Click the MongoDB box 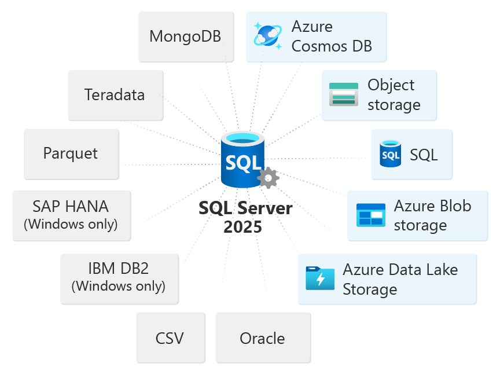pyautogui.click(x=186, y=36)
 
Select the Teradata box pyautogui.click(x=115, y=95)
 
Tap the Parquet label pyautogui.click(x=71, y=153)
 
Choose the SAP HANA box pyautogui.click(x=71, y=215)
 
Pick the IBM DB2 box pyautogui.click(x=119, y=278)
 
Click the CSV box pyautogui.click(x=170, y=338)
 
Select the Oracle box pyautogui.click(x=262, y=338)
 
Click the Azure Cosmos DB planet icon pyautogui.click(x=268, y=36)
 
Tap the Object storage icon pyautogui.click(x=344, y=94)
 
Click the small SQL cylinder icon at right pyautogui.click(x=391, y=154)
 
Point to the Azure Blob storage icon pyautogui.click(x=370, y=215)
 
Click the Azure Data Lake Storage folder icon pyautogui.click(x=320, y=278)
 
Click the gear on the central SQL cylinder pyautogui.click(x=268, y=178)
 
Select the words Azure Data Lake pyautogui.click(x=400, y=270)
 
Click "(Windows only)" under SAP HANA pyautogui.click(x=71, y=224)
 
